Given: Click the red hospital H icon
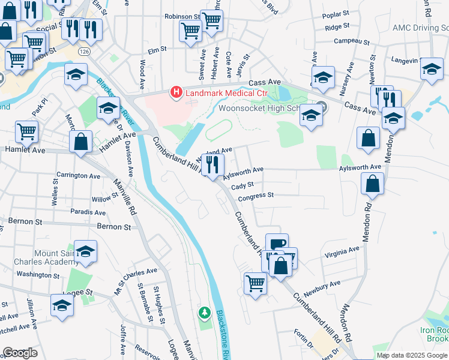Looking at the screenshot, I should coord(176,92).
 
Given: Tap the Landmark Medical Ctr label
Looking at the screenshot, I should coord(226,93).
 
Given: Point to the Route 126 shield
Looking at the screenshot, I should coord(79,52).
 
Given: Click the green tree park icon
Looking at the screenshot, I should coord(205,313).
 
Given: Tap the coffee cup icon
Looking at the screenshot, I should coord(277,244).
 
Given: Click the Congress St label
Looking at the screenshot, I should coord(256,196).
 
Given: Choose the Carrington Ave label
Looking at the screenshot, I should coord(78,176).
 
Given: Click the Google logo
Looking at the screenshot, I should coord(20,353).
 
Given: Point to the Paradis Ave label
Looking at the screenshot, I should coord(88,212).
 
